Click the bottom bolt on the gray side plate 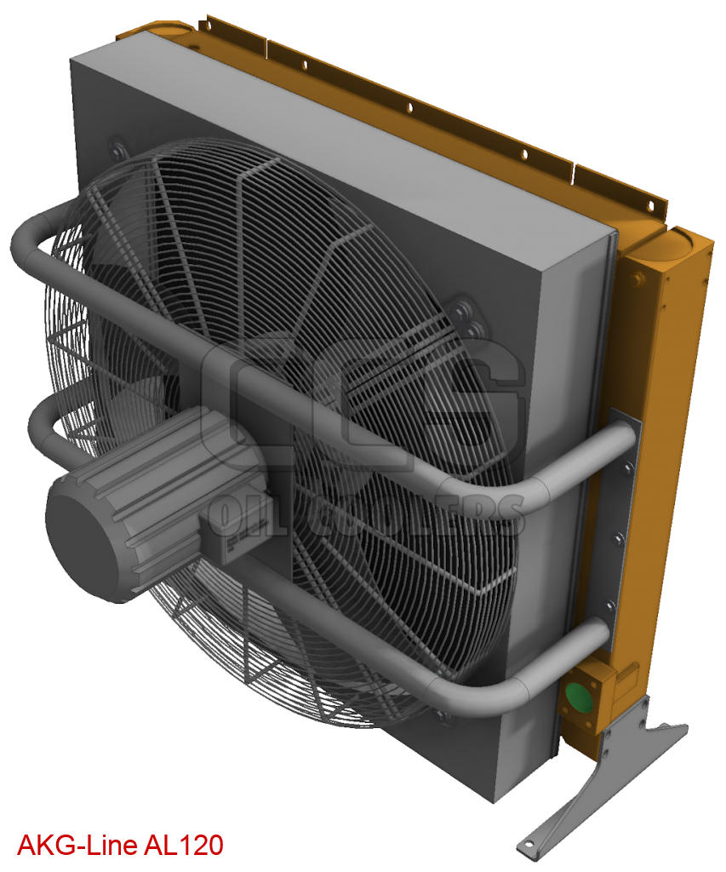[609, 606]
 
